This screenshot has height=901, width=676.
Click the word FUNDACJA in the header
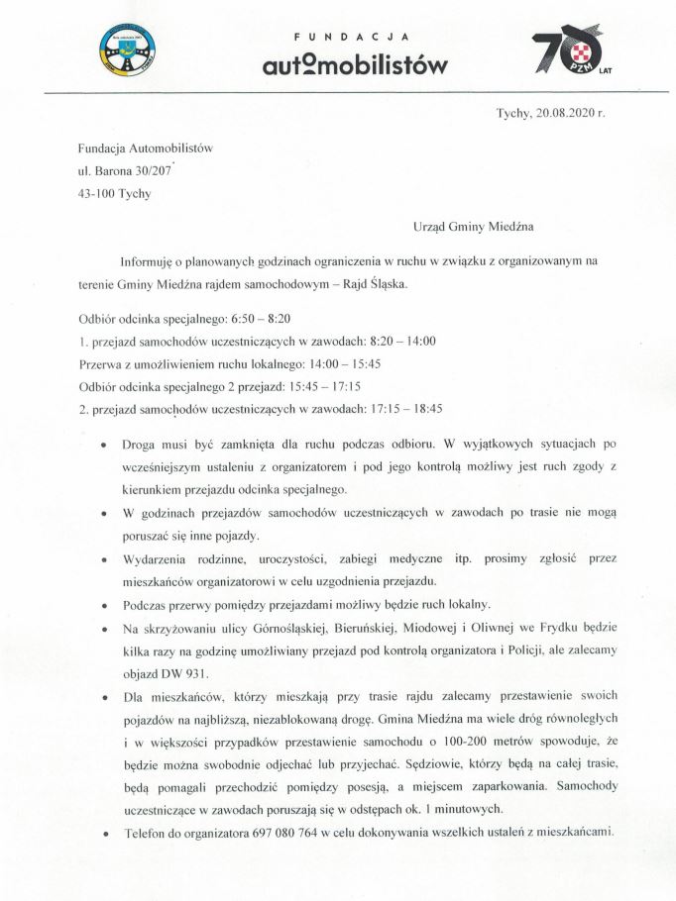pos(340,37)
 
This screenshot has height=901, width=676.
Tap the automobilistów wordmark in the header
pos(340,65)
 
